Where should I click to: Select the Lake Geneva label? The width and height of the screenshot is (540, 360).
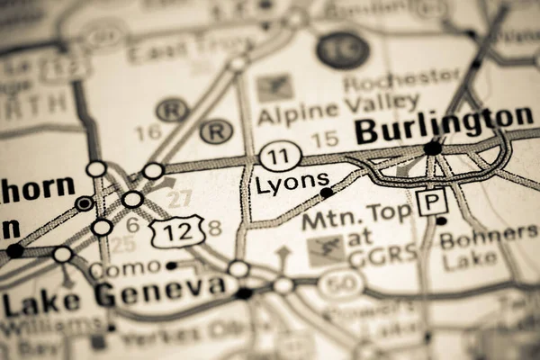(113, 294)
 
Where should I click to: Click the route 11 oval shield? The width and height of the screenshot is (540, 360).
(280, 155)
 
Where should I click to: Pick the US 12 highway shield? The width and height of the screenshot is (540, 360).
(177, 232)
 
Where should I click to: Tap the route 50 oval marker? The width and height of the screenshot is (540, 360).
(340, 284)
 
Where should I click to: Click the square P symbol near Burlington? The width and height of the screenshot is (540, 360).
(431, 201)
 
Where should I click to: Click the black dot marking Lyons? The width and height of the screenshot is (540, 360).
(327, 192)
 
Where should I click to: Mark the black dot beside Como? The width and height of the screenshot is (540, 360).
(171, 265)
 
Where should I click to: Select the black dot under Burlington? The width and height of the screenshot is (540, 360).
(433, 147)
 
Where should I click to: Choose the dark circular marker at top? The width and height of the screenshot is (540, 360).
(342, 49)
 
